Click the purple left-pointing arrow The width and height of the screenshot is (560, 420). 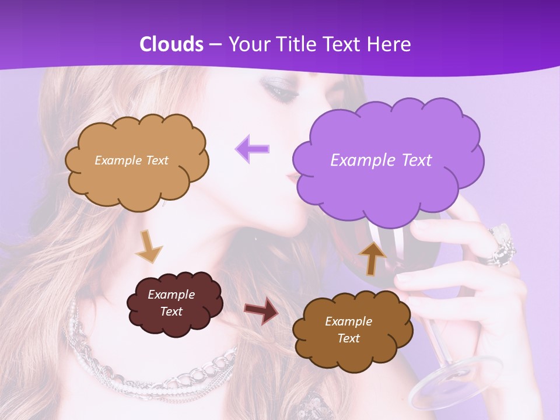(253, 149)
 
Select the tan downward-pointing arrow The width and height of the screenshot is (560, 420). (148, 246)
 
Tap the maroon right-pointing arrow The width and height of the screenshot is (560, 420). (262, 311)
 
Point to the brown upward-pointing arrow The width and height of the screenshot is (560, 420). (373, 257)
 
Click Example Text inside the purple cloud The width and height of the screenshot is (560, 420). (381, 160)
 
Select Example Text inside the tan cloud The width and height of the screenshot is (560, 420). (131, 160)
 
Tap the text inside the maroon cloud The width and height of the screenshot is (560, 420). (171, 303)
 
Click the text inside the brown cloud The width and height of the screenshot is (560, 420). (348, 330)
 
